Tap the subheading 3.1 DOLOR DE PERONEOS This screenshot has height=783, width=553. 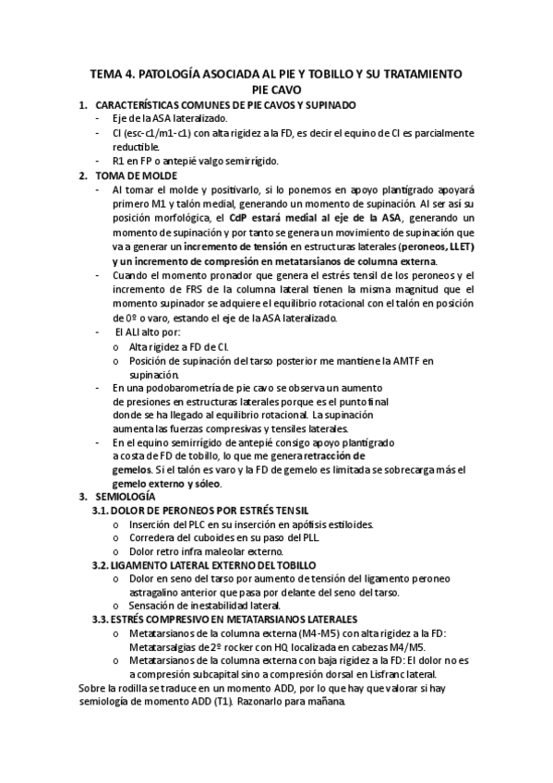pyautogui.click(x=200, y=511)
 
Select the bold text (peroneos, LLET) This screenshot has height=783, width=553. pyautogui.click(x=432, y=247)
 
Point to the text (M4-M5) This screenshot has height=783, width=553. pyautogui.click(x=328, y=632)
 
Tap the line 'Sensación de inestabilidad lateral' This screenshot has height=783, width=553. pyautogui.click(x=212, y=605)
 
